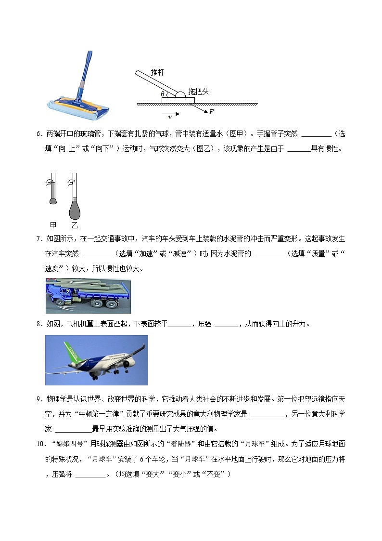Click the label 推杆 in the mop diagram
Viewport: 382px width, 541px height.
pos(157,72)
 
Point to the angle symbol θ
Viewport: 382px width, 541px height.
pos(163,94)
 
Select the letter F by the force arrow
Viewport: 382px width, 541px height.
pos(211,112)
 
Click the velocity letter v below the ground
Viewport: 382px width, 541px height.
pos(169,117)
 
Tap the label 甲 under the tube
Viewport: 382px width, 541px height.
pos(53,225)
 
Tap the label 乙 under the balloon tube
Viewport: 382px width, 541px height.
pos(75,225)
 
